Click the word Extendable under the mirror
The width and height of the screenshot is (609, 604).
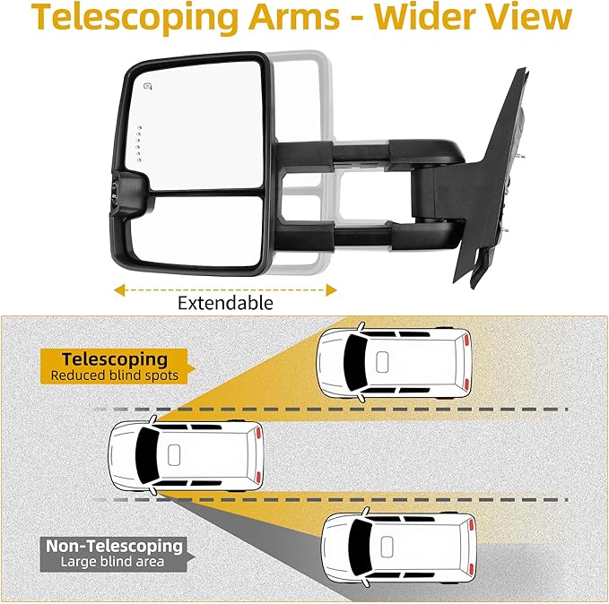pos(225,303)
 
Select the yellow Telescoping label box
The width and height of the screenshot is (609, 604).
pos(109,366)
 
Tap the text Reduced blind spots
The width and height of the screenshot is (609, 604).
pos(114,375)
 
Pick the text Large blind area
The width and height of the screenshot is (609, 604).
pos(114,563)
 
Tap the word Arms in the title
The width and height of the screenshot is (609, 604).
pos(302,20)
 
